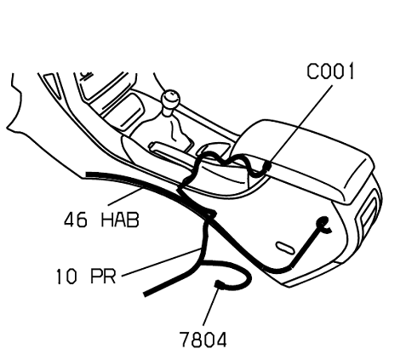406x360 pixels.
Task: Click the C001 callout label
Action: point(330,71)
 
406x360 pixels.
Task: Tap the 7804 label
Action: point(203,340)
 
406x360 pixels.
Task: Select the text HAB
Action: point(120,220)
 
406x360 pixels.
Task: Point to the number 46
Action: point(76,220)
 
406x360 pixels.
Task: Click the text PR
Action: point(103,276)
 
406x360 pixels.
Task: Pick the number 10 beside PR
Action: point(66,277)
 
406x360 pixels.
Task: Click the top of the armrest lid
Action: point(306,151)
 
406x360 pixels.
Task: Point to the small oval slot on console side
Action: point(285,248)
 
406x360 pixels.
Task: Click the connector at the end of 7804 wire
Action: point(220,284)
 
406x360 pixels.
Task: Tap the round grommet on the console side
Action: point(323,221)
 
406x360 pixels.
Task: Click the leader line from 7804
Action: point(211,306)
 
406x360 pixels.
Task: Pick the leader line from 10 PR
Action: point(162,262)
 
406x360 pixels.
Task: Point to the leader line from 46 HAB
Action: point(125,196)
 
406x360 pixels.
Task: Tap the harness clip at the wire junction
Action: point(210,214)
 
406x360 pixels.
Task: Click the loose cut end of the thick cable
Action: point(146,294)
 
